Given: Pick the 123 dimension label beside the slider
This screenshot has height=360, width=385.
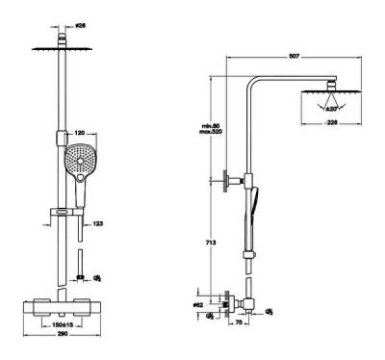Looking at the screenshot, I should pyautogui.click(x=98, y=223).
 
